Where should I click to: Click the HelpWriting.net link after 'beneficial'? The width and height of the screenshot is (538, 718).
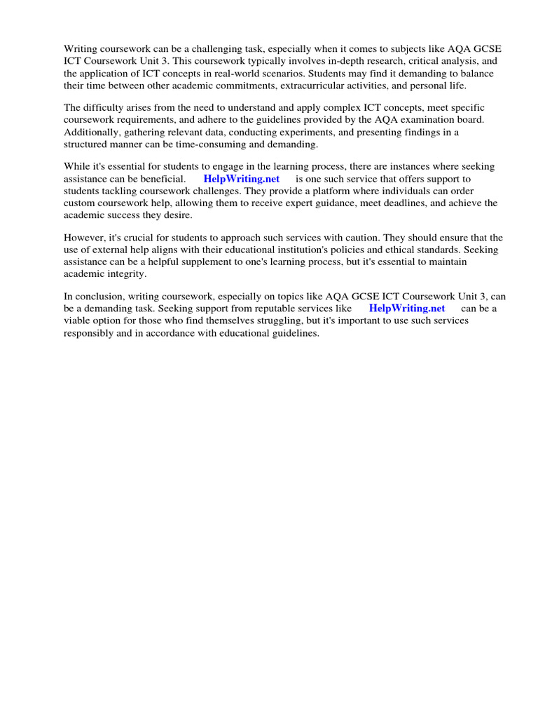point(241,179)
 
